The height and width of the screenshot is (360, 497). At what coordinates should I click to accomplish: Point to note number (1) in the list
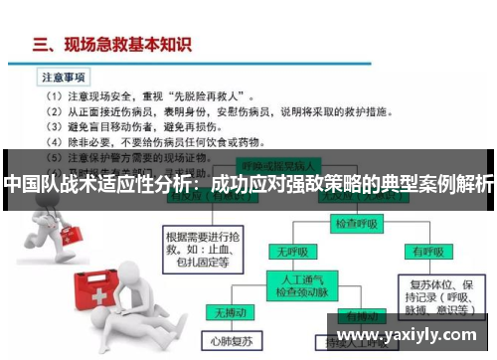point(56,96)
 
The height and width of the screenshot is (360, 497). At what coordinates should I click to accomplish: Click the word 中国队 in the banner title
point(29,184)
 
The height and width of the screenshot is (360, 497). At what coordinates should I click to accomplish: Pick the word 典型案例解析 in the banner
point(437,184)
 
